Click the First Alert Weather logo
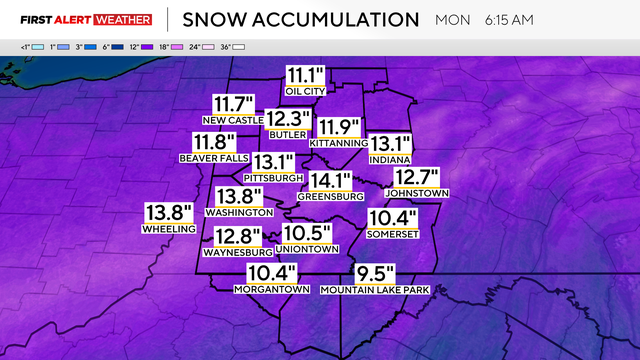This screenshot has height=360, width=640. click(x=86, y=19)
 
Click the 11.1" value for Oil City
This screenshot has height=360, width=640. click(x=306, y=76)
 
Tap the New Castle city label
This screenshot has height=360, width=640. click(x=234, y=121)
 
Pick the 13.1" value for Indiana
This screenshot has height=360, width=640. click(x=391, y=144)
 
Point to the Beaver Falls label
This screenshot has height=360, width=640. click(x=212, y=157)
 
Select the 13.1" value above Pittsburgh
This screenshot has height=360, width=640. click(x=273, y=162)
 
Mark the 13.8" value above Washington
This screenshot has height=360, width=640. click(x=239, y=197)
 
